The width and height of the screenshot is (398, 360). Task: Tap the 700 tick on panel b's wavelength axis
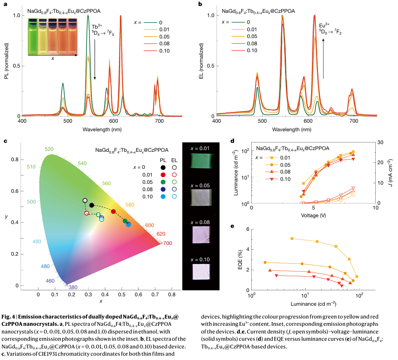pyautogui.click(x=354, y=122)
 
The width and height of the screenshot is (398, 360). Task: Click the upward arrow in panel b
pyautogui.click(x=323, y=58)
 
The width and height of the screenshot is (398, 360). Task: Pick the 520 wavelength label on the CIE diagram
pyautogui.click(x=49, y=149)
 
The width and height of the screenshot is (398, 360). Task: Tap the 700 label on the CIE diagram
pyautogui.click(x=167, y=244)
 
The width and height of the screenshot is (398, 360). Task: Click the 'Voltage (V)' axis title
pyautogui.click(x=313, y=215)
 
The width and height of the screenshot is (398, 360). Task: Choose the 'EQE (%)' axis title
pyautogui.click(x=241, y=260)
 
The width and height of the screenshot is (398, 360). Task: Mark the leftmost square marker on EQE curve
pyautogui.click(x=292, y=238)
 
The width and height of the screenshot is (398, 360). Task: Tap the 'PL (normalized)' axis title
pyautogui.click(x=7, y=66)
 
